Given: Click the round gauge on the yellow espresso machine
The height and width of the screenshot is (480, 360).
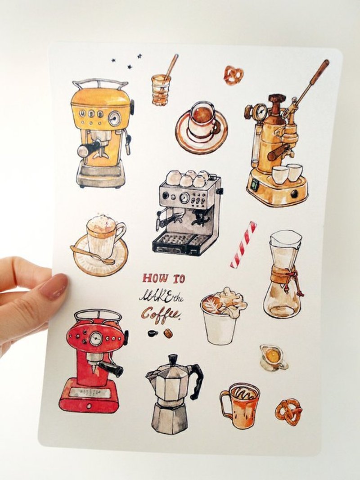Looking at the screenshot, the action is coord(115,118).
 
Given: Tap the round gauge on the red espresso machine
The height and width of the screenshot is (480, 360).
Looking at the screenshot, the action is coord(96,339).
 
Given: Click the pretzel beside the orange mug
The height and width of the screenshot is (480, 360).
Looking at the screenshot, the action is coord(288,412).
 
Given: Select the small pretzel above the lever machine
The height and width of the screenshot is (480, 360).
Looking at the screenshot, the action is coord(233,75).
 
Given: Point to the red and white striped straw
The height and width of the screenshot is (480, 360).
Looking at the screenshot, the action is coord(243,245).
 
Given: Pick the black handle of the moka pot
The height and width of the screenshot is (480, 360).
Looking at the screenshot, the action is coord(197,381).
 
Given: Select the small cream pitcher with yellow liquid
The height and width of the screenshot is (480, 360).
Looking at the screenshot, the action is coord(273,358).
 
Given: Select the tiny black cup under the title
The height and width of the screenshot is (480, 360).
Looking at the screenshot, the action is coord(153,333).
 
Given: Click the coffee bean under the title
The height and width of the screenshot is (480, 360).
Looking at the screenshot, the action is coord(168,333).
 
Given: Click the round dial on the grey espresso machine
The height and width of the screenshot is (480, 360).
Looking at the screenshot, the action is coord(184,198).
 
